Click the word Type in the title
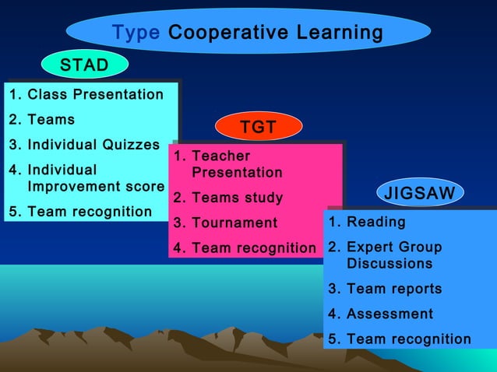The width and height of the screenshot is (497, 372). coord(136,33)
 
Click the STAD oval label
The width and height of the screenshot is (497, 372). coord(84,65)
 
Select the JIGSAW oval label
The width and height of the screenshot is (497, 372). coord(421,193)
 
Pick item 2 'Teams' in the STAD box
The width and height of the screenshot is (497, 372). coord(51,120)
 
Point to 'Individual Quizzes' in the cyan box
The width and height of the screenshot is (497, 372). coord(93,145)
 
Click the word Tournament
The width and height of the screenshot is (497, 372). coord(234,223)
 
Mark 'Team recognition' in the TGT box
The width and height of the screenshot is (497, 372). coord(254,248)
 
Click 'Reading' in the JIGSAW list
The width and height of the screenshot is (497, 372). coord(375,222)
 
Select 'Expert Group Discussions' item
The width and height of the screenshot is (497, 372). coord(393,255)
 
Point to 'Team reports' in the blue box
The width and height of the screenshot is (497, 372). coord(394,289)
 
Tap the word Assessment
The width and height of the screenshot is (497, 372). coord(389,314)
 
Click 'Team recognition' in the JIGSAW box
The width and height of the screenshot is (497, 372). coord(409,339)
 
